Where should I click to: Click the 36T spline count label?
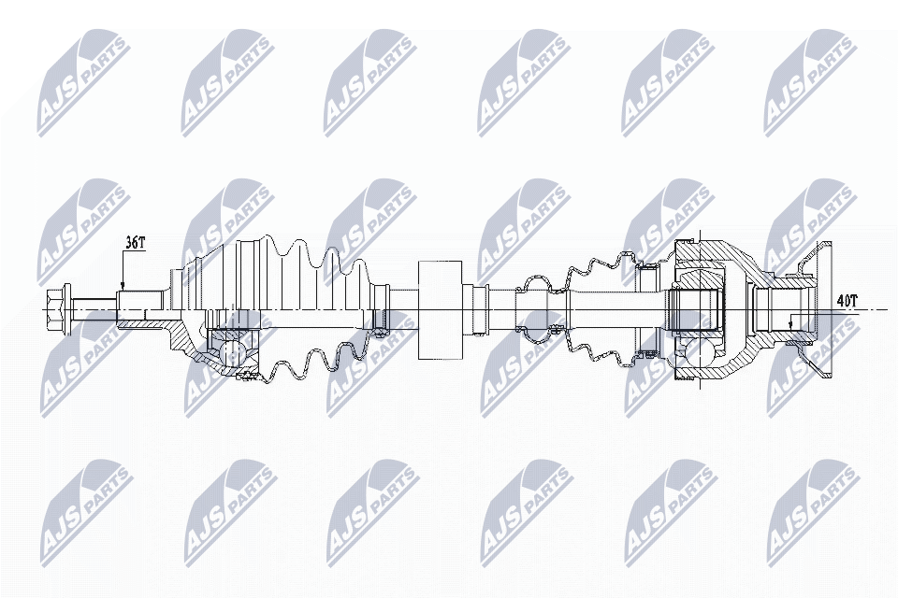136,243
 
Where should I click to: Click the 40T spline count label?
847,301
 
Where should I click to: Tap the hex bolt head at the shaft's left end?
56,306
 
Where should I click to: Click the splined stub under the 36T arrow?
140,308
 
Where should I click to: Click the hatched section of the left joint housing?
187,346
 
